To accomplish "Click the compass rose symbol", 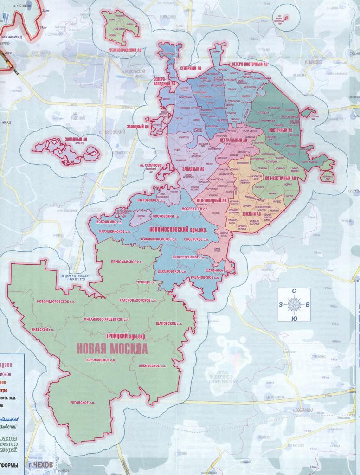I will click(x=294, y=305).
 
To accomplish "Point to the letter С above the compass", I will click(x=294, y=291).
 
